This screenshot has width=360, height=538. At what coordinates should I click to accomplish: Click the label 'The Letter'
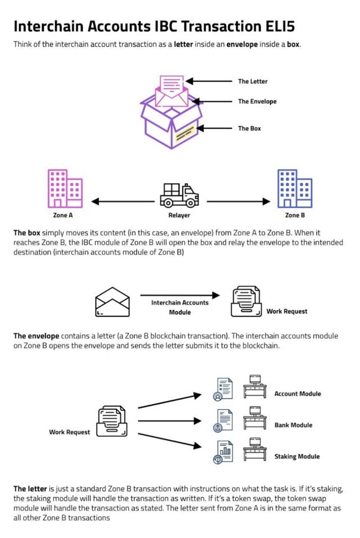(253, 82)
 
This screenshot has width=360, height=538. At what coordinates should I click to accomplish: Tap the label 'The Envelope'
(257, 101)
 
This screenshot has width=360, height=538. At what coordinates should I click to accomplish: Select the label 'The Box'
(250, 128)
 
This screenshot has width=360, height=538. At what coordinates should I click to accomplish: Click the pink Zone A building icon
(65, 188)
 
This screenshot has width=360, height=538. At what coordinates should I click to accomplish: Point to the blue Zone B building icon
(295, 188)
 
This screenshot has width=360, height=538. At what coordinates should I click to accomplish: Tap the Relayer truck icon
(179, 195)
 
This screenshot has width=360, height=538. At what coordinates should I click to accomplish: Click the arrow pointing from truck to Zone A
(123, 201)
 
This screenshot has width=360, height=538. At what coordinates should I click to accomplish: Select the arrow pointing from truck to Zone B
(238, 201)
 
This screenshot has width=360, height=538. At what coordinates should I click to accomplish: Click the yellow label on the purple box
(186, 133)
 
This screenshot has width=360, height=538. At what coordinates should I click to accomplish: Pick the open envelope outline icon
(112, 302)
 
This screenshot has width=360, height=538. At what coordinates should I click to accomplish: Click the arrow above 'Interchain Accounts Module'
(180, 295)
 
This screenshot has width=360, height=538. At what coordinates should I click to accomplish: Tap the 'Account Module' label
(298, 394)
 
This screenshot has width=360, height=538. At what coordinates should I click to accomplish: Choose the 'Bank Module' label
(294, 425)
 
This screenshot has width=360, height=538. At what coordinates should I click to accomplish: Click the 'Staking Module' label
(297, 456)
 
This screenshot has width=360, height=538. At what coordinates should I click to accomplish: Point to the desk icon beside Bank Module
(255, 418)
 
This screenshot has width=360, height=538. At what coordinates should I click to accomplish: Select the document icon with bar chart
(223, 453)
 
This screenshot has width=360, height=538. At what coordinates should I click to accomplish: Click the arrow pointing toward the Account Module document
(169, 401)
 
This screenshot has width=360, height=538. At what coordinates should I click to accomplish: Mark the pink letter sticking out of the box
(172, 87)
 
